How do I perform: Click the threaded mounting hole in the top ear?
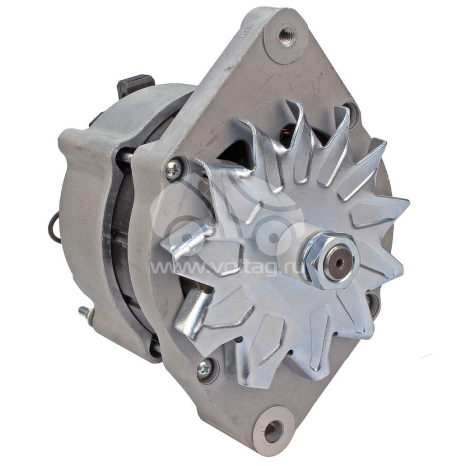point(286,36)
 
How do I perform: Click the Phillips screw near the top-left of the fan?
point(173,170)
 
